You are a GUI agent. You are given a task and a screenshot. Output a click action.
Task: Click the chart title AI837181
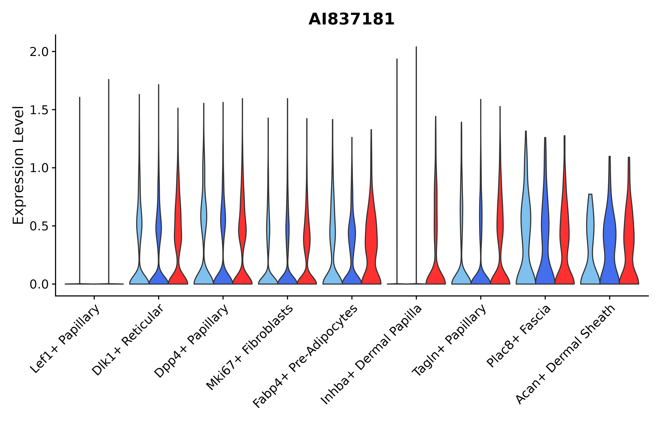[351, 20]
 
